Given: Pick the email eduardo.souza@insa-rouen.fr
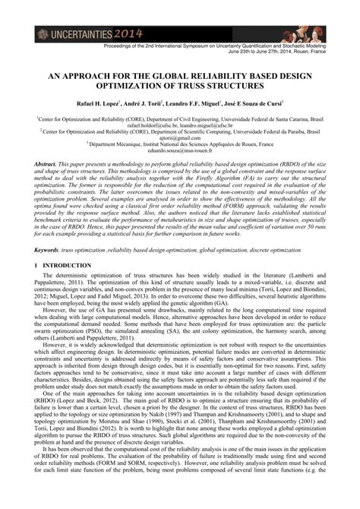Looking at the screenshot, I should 179,150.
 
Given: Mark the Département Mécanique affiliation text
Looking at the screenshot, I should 122,144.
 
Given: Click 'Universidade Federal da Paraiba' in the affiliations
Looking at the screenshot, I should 280,131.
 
